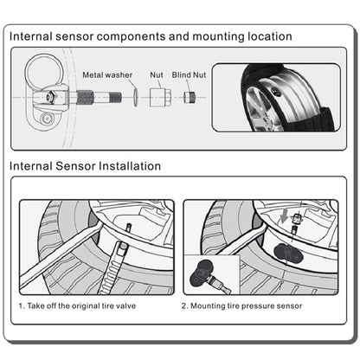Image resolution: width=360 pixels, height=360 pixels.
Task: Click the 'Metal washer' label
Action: pos(107,75)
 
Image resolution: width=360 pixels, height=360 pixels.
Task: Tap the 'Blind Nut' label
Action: pos(189,75)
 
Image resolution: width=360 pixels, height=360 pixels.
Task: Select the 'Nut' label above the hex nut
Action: pos(157,75)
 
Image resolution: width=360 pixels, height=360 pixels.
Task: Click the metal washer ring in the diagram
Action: pos(136,98)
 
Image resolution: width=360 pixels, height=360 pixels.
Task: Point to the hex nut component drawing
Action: pos(160,98)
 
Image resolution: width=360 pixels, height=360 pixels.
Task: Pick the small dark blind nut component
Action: pos(190,97)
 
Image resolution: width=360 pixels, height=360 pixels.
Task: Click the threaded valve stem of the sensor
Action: pos(99,97)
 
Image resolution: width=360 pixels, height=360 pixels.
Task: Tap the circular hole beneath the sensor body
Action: pos(46,118)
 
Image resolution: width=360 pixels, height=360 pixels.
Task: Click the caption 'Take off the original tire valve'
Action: pos(81,305)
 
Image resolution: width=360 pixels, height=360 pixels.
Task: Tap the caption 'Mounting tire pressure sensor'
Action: pos(247,306)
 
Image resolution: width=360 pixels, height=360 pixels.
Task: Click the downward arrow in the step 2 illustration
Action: pos(285,216)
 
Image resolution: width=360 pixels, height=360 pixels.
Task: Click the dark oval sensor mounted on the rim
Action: pos(288,253)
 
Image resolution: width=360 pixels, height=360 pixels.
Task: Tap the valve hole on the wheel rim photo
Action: pos(276,92)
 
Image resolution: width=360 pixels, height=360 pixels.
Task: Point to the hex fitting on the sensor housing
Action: pos(50,97)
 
